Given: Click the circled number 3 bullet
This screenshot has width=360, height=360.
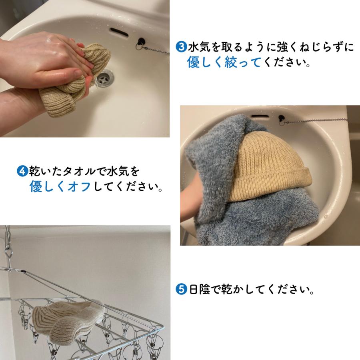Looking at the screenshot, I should click(182, 47).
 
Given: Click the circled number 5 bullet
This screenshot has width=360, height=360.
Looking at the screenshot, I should click(182, 288).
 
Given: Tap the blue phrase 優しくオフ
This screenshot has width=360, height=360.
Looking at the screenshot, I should click(60, 186).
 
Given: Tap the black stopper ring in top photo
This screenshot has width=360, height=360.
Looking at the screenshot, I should click(141, 42).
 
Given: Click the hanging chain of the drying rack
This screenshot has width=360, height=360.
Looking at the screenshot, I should click(7, 244).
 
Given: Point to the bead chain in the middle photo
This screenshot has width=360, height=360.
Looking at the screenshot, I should click(316, 121).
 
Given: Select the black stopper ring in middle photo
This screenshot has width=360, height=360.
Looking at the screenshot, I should click(282, 119).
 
